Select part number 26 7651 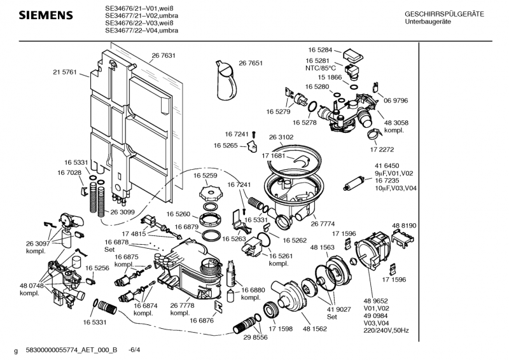tap(251, 63)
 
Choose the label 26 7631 tap(164, 56)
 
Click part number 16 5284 tap(321, 50)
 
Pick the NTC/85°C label tap(320, 68)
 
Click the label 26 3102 tap(281, 137)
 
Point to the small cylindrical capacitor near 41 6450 tap(352, 184)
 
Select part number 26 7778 tap(181, 305)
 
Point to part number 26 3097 tap(38, 244)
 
